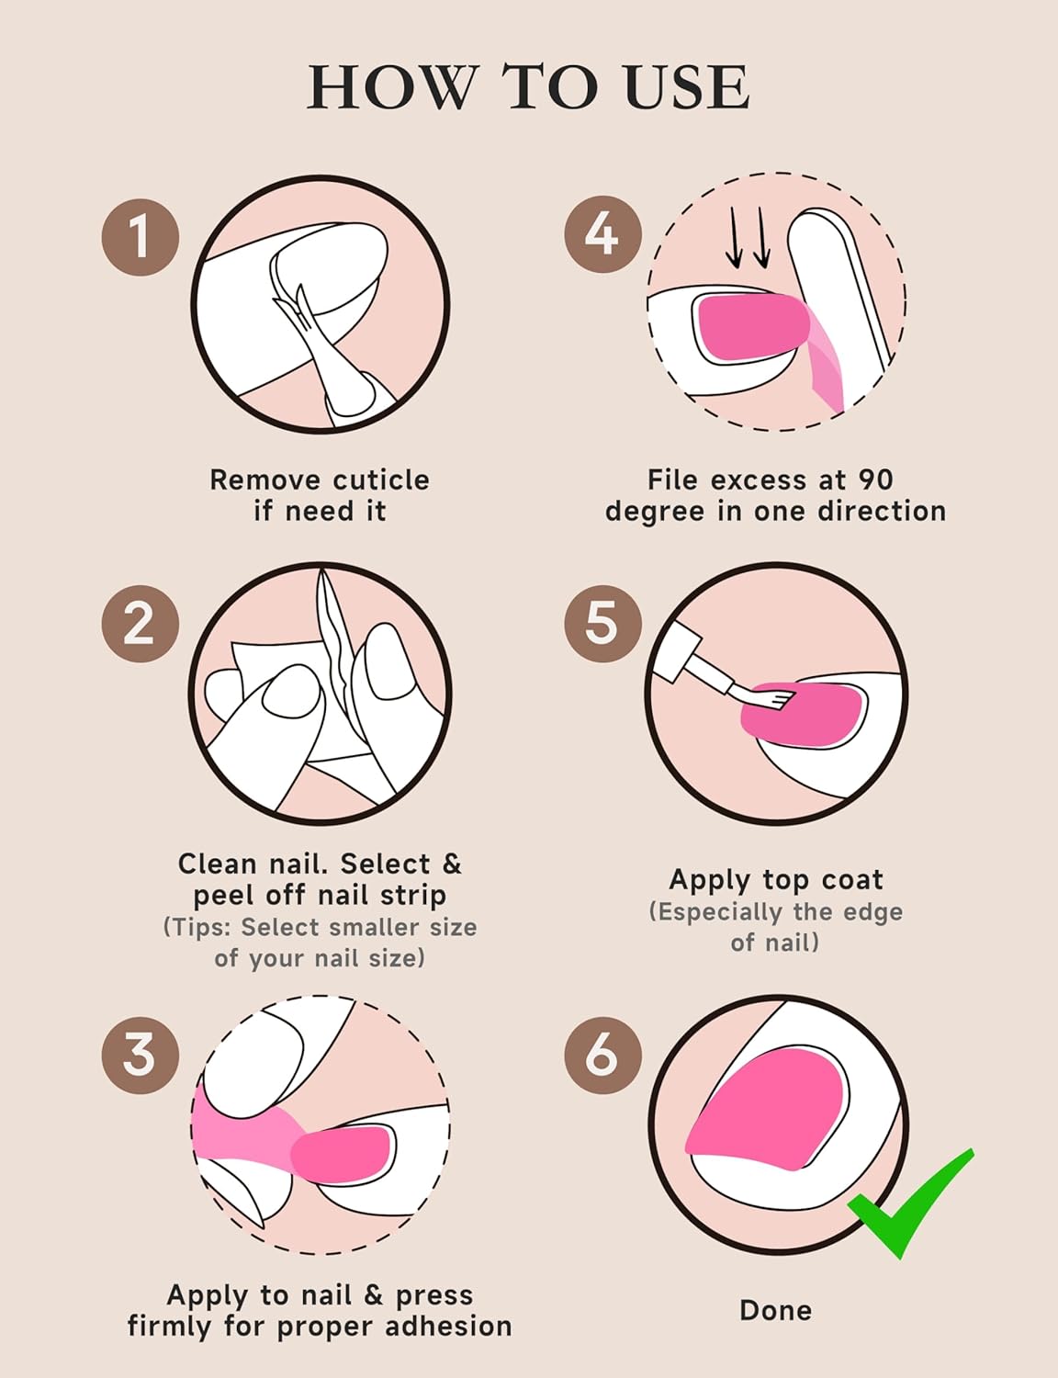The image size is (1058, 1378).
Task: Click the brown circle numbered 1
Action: point(141,237)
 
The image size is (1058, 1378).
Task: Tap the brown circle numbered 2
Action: point(141,624)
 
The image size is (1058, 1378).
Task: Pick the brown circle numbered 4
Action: point(602,234)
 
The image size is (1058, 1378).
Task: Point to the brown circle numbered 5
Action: point(602,624)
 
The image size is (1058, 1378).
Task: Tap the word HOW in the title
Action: point(392,87)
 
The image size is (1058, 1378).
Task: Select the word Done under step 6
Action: point(775,1310)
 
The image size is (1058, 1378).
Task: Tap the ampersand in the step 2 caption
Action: point(451,864)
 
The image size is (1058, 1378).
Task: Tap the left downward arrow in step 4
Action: point(734,239)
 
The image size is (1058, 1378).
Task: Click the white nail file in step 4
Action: point(838,298)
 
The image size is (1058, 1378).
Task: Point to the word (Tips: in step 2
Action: point(198,927)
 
